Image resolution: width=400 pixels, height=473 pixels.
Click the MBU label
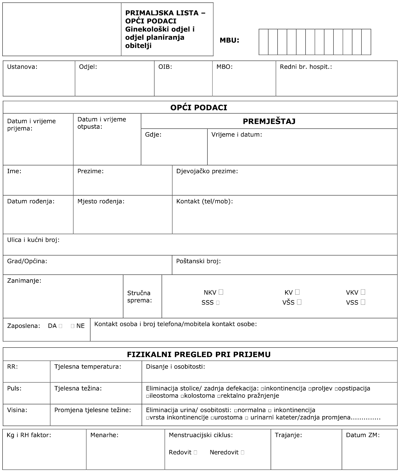(229, 40)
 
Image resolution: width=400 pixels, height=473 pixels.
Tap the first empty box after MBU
(263, 42)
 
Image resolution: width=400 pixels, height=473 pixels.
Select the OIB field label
(165, 67)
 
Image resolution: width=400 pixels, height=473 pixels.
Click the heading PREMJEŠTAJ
(269, 121)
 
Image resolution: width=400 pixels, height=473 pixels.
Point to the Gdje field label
(153, 134)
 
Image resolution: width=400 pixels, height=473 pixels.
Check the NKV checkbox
(221, 292)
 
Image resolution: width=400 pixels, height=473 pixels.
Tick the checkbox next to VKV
(363, 292)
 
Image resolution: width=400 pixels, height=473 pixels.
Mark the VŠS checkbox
(299, 302)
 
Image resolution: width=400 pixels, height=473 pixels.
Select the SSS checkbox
(218, 303)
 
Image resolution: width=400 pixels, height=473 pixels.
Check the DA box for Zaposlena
(61, 326)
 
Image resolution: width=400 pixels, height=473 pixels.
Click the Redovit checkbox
(195, 453)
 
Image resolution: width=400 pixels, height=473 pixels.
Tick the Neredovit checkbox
(242, 453)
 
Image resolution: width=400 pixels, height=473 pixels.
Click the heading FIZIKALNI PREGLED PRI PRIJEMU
(199, 354)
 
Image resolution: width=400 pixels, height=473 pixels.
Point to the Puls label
(14, 388)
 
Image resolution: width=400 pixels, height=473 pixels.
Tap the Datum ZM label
(363, 435)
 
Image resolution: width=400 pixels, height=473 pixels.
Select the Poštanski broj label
(198, 261)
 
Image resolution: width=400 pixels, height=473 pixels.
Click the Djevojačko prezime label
(207, 171)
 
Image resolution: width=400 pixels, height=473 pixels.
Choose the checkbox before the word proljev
(310, 389)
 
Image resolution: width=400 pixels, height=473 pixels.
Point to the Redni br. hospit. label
(306, 67)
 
